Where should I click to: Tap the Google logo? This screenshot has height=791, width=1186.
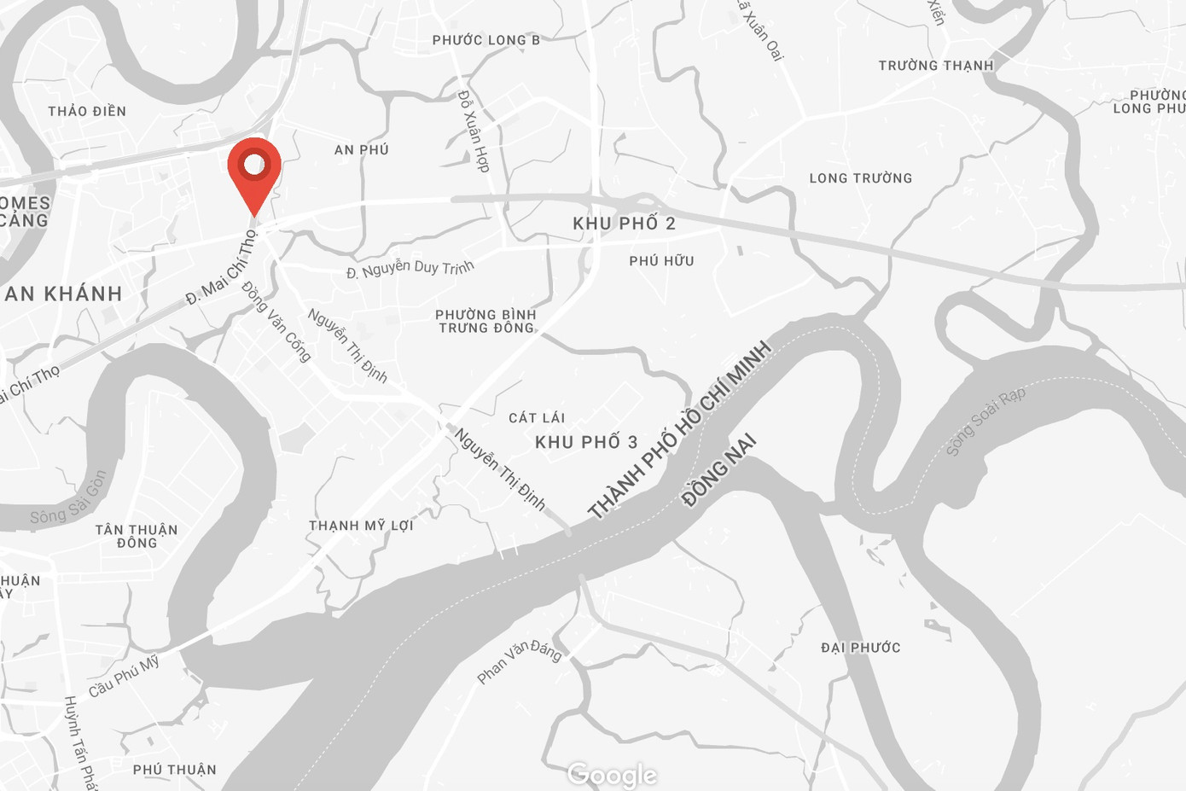[612, 774]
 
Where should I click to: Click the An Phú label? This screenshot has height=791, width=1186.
[361, 150]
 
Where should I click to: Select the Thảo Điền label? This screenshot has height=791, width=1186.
[87, 112]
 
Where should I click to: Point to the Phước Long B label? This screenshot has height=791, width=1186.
[485, 40]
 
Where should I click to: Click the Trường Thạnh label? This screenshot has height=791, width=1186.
[936, 66]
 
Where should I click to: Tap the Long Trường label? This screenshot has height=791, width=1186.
[861, 178]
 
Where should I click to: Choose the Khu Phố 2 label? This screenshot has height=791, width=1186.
[624, 224]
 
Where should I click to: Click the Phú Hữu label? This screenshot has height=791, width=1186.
[661, 261]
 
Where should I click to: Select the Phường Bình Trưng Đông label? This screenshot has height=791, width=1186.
[485, 321]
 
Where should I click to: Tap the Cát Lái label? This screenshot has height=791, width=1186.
[537, 418]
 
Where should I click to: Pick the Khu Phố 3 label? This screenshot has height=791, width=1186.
[586, 442]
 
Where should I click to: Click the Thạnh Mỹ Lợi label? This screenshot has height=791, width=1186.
[361, 526]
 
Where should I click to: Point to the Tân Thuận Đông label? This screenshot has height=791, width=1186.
[137, 536]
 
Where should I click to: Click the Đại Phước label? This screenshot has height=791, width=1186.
[860, 648]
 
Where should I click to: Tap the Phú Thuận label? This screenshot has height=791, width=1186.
[175, 770]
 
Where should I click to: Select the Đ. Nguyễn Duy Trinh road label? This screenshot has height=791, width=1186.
[410, 270]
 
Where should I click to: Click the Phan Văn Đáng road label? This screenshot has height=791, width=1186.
[519, 661]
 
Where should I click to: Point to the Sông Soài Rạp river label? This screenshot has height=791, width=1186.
[985, 421]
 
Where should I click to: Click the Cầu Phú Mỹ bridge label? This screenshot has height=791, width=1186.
[124, 676]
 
